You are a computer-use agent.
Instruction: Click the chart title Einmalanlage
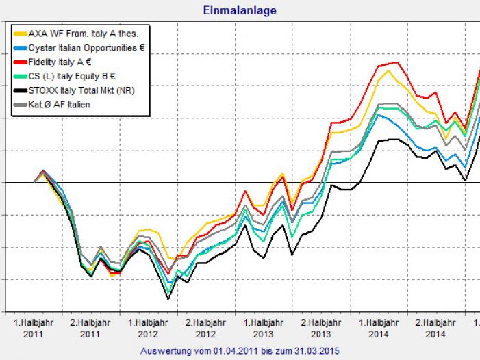(x=240, y=10)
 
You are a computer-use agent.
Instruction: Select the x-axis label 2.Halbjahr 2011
(x=90, y=327)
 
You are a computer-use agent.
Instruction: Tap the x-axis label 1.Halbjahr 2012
(x=148, y=327)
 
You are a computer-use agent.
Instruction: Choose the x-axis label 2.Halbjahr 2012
(x=205, y=327)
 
